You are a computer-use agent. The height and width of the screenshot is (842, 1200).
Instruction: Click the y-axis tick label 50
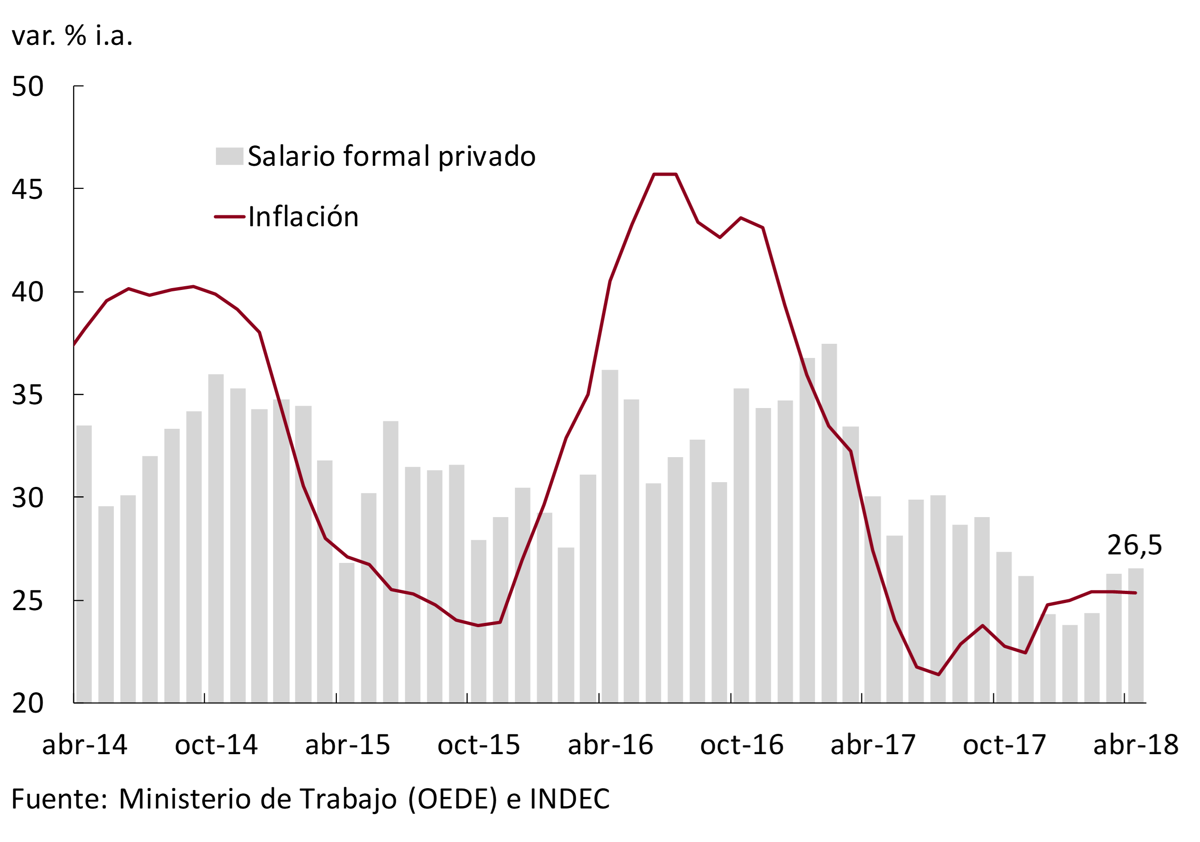click(27, 87)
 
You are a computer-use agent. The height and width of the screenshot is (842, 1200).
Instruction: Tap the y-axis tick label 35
click(27, 395)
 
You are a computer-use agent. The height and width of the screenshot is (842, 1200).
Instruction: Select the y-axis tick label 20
click(27, 703)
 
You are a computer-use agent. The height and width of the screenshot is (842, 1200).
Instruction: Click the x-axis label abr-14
click(85, 745)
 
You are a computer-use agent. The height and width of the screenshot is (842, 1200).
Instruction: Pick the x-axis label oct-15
click(479, 745)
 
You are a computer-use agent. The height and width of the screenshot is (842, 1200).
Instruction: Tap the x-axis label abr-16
click(610, 745)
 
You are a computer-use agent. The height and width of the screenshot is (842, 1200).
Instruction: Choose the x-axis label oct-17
click(1004, 745)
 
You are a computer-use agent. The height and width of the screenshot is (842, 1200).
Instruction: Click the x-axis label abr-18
click(1136, 745)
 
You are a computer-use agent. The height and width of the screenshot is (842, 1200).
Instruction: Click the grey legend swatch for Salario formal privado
click(230, 156)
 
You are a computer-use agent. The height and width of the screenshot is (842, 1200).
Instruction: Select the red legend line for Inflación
click(230, 217)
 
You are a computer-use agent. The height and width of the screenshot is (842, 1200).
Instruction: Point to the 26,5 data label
click(1134, 546)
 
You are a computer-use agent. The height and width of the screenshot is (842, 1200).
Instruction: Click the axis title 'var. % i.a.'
click(72, 35)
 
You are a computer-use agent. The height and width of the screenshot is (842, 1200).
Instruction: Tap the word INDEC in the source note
click(570, 799)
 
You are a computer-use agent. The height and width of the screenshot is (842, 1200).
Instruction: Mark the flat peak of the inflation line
click(665, 174)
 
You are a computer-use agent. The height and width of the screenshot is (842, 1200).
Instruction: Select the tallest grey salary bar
click(829, 522)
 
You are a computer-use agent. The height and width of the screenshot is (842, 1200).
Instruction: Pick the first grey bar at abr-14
click(84, 564)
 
